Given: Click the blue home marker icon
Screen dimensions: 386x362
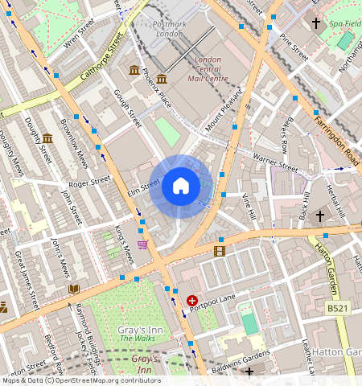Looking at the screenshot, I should (181, 187).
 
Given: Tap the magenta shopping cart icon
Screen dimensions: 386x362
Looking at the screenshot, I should (142, 244).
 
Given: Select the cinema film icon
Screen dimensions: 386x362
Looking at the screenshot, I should (220, 252).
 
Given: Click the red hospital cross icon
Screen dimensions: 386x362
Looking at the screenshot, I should (192, 301).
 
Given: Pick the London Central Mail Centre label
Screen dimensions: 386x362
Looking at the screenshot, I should (208, 69).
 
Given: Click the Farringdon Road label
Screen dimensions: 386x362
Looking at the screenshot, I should (336, 126).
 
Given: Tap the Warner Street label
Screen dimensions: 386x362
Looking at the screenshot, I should (275, 161).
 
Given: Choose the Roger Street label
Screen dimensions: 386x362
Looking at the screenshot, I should (88, 183).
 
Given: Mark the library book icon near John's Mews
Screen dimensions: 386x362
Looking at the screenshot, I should (74, 289).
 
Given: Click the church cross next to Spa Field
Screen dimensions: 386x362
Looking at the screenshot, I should (316, 24).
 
